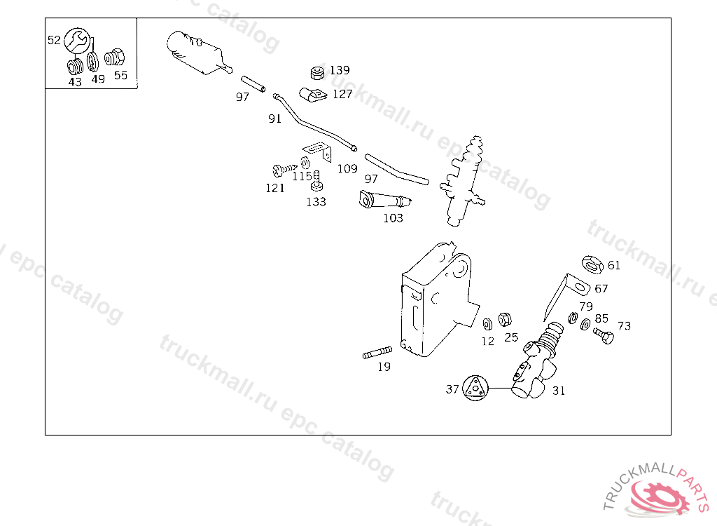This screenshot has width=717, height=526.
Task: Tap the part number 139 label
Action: coord(340,70)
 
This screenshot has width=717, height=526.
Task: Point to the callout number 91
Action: coord(274,119)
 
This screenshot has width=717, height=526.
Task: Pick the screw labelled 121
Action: coord(281,169)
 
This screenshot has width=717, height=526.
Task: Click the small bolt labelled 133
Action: coord(317,181)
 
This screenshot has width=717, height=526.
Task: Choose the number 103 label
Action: coord(393,218)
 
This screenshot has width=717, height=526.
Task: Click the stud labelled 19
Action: coord(377,353)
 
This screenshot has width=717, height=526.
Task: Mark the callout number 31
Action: coord(558,391)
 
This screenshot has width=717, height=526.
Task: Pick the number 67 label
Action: coord(601,288)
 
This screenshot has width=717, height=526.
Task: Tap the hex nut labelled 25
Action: coord(504,321)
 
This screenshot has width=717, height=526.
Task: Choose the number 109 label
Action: coord(347,168)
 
